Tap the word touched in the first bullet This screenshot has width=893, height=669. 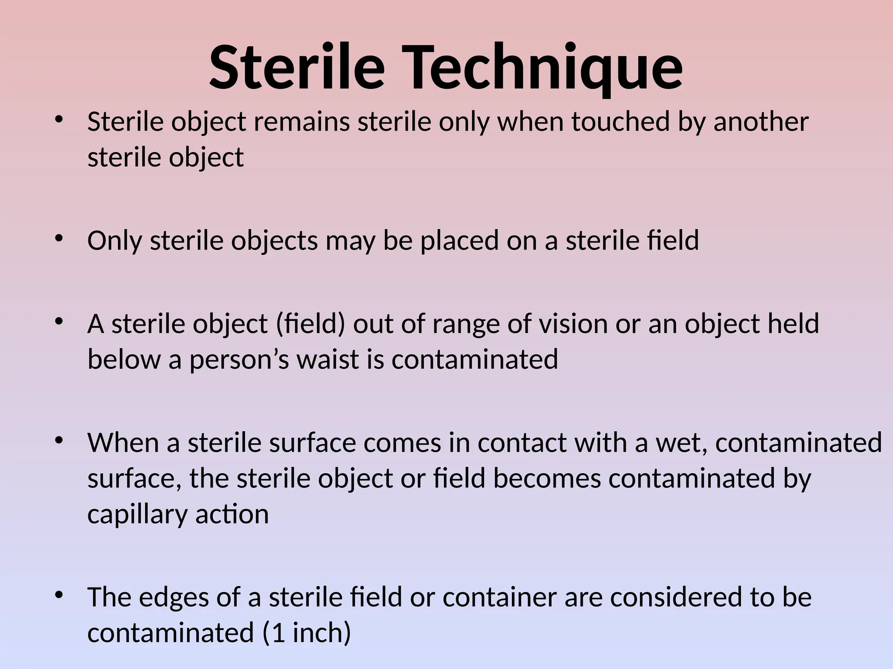coord(620,122)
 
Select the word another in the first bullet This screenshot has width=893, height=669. coord(761,122)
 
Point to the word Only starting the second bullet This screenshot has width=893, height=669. coord(114,240)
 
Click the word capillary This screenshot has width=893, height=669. coord(137,515)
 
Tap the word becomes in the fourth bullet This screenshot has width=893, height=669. coord(547,479)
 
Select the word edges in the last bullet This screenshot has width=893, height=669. coord(174,598)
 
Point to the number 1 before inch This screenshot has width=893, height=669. coord(278,633)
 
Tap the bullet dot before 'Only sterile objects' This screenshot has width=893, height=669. coord(59,238)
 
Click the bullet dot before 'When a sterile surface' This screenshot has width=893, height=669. coord(59,440)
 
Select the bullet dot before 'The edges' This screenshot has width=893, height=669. coord(59,595)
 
